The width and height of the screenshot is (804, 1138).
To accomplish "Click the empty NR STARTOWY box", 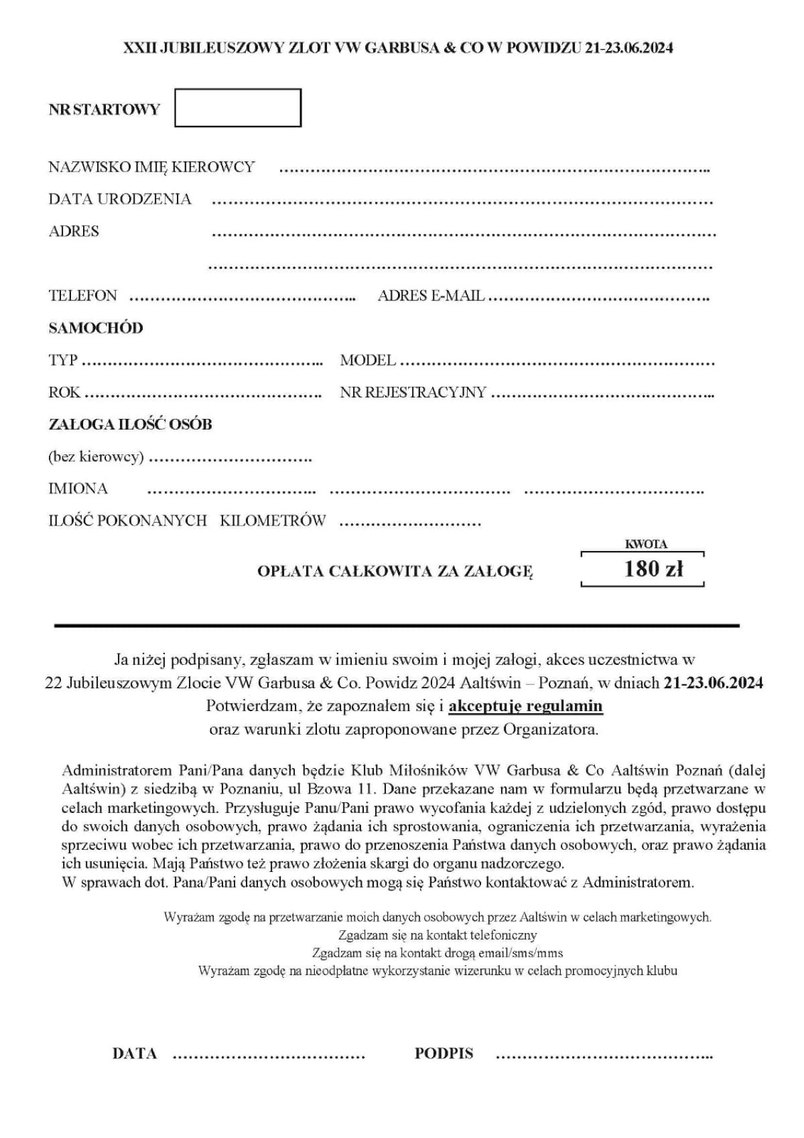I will [x=238, y=107].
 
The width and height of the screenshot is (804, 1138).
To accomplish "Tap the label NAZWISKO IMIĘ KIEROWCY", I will [x=151, y=167].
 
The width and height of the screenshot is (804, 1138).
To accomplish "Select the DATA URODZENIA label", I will [x=120, y=199].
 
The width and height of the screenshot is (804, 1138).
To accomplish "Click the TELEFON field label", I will [x=82, y=296].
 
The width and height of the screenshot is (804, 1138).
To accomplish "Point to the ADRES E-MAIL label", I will [x=431, y=296].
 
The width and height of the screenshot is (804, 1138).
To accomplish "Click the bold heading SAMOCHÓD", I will [x=96, y=328].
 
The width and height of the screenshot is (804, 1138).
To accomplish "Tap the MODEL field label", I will [x=368, y=360].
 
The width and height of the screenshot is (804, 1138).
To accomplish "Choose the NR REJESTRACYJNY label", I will [x=413, y=392].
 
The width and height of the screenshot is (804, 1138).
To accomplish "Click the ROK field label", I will [x=64, y=392].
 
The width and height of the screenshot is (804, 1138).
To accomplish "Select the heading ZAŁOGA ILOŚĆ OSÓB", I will [x=130, y=424].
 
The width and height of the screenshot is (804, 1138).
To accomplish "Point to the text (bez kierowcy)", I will [x=96, y=457].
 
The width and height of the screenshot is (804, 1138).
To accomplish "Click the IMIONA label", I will [x=78, y=489].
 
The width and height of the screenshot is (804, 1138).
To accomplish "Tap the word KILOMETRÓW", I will [x=273, y=521].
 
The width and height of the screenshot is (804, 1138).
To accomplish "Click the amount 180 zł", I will [x=653, y=569].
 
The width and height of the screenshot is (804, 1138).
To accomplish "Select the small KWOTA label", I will [x=646, y=545].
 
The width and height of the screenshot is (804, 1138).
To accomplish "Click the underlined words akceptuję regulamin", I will [x=525, y=706].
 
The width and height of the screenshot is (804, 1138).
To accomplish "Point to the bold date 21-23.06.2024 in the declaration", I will [x=713, y=683].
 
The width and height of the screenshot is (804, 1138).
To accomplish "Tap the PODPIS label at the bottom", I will [x=444, y=1054].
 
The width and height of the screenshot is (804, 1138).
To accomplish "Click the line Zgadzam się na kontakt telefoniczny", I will [x=438, y=934].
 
